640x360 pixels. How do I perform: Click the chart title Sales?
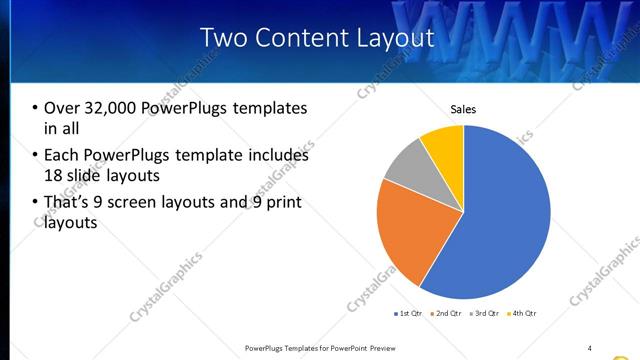click(463, 109)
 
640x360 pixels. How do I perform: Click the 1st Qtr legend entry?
click(411, 313)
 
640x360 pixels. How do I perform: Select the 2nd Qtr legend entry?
click(446, 313)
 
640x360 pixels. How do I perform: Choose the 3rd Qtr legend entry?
click(484, 313)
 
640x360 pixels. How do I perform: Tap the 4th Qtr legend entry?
click(521, 313)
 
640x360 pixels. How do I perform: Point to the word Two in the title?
click(223, 38)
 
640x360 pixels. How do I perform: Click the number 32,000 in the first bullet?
click(108, 108)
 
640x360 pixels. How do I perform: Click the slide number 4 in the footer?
click(589, 347)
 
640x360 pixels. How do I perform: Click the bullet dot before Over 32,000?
click(35, 108)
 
